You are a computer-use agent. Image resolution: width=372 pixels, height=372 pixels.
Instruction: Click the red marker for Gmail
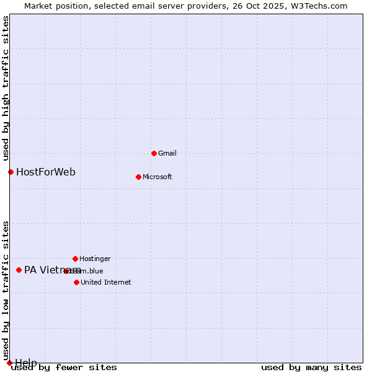(154, 153)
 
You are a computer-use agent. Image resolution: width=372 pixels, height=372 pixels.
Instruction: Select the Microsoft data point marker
(138, 177)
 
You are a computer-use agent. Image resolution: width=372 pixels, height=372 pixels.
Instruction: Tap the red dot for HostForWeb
(11, 172)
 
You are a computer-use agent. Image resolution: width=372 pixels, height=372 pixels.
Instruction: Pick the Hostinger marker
(75, 259)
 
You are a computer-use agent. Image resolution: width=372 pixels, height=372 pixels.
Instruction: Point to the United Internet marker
(76, 282)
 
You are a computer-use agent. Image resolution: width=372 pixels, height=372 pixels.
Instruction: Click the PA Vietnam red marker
(19, 270)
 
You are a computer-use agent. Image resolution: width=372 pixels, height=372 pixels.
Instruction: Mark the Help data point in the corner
(9, 363)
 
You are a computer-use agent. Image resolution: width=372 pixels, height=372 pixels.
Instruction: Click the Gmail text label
(167, 153)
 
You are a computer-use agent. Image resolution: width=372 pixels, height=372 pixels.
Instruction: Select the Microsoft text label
(157, 177)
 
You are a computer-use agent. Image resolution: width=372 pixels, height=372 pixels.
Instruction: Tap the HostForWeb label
(46, 172)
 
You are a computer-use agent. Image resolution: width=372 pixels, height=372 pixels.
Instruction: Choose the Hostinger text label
(95, 259)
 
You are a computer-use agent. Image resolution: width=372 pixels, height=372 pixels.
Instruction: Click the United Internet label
(105, 282)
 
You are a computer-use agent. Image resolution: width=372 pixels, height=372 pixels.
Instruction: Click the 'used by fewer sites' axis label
(64, 367)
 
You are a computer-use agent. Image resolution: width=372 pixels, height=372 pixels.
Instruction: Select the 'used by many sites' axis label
(311, 367)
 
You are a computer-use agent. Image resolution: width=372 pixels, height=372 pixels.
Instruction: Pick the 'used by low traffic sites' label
(6, 290)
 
